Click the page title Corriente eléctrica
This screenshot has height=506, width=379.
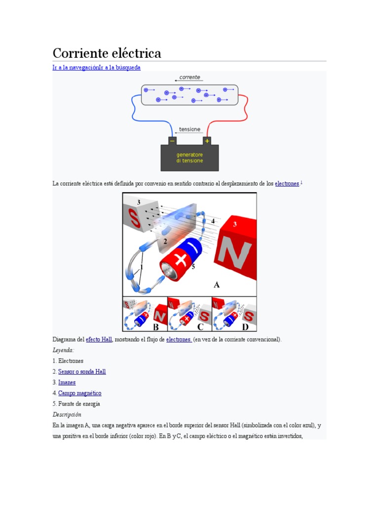pos(107,53)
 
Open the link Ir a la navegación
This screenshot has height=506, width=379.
pos(76,67)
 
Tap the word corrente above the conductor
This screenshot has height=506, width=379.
pos(189,77)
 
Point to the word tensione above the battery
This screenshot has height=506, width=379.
pos(189,129)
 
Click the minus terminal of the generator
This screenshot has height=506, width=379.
pos(172,141)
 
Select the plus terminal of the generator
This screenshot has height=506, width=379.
pos(207,141)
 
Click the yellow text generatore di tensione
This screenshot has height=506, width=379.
pos(189,158)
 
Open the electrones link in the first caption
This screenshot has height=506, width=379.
pos(287,184)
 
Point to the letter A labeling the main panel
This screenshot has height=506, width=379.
pos(216,285)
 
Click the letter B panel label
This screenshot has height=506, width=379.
pos(156,327)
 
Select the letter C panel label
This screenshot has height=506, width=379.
pos(200,327)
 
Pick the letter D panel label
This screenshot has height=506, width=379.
pos(245,327)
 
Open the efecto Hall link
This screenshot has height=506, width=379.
pos(99,339)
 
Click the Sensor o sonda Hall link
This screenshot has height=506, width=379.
pos(82,372)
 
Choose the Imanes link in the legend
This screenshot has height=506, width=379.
pos(67,382)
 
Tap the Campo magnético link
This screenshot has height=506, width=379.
pos(79,393)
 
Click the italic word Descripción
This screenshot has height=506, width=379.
pos(67,415)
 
